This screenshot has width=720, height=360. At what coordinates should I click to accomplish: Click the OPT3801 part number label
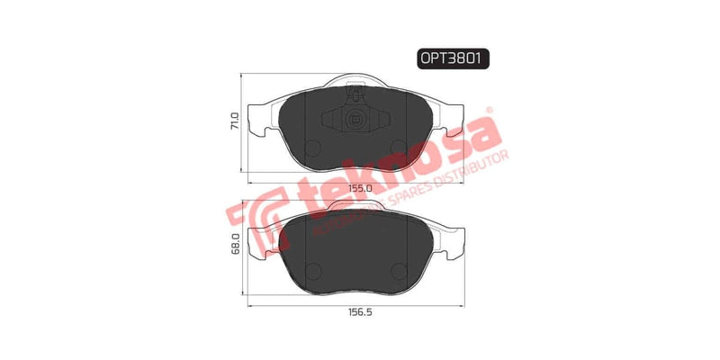click(453, 58)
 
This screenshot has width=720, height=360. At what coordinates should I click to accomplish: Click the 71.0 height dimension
click(236, 121)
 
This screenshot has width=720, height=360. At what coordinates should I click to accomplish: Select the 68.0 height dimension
click(236, 246)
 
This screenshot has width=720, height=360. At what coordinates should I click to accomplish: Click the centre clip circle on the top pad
click(354, 121)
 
